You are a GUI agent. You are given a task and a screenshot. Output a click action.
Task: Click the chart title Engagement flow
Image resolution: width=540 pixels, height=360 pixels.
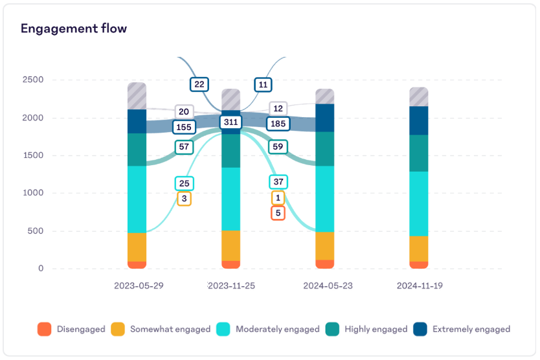(x=73, y=28)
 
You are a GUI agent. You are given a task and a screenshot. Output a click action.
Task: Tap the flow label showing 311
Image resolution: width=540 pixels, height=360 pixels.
(x=230, y=122)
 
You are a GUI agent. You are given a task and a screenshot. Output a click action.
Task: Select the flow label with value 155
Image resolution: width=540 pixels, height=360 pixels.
(x=184, y=128)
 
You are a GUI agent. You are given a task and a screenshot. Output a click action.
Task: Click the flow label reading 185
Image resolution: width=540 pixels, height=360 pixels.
(x=278, y=123)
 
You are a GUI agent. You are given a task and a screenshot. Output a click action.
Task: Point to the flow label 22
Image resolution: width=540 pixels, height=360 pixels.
(x=199, y=84)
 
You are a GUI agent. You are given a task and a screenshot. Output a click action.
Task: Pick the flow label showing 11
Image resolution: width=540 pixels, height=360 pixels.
(x=263, y=84)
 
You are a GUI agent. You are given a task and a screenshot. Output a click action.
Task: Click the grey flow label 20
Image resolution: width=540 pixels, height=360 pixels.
(x=184, y=111)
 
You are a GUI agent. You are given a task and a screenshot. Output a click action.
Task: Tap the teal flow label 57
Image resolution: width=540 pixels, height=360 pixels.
(x=184, y=147)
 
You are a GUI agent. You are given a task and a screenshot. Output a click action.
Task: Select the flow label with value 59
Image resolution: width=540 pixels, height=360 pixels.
(x=278, y=147)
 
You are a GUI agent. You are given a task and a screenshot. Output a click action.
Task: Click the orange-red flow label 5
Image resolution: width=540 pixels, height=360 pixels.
(x=278, y=213)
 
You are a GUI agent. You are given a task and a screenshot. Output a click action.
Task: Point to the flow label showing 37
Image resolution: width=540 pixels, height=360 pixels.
(x=278, y=182)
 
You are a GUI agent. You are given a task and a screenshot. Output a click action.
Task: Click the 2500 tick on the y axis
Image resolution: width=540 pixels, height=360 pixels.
(x=32, y=80)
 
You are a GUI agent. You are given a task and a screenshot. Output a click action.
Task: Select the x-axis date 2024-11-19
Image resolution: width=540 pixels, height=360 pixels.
(x=420, y=286)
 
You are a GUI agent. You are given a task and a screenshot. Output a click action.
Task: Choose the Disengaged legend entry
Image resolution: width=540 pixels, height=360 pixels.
(x=71, y=329)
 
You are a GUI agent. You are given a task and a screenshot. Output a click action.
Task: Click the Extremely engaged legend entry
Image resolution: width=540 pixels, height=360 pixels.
(x=462, y=329)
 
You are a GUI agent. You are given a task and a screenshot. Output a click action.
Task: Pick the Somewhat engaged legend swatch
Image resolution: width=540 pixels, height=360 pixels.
(x=118, y=329)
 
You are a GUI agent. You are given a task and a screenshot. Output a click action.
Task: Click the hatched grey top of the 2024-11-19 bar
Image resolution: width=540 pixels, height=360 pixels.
(x=419, y=96)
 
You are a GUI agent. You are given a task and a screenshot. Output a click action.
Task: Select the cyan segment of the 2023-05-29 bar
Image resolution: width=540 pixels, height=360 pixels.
(x=137, y=199)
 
